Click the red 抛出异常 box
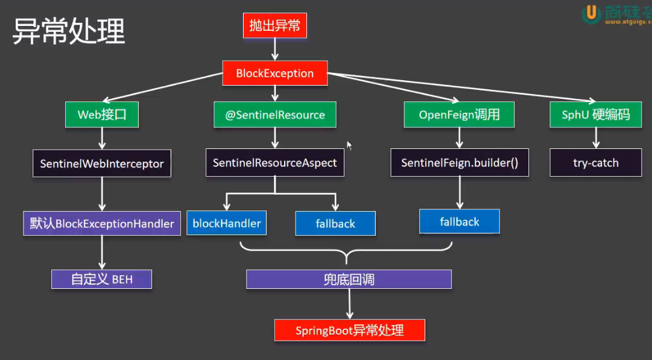pyautogui.click(x=274, y=25)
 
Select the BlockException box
pyautogui.click(x=275, y=74)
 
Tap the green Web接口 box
pyautogui.click(x=102, y=115)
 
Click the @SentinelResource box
pyautogui.click(x=274, y=115)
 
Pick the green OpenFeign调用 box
pyautogui.click(x=459, y=115)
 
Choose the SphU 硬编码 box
pyautogui.click(x=595, y=115)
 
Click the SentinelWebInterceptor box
pyautogui.click(x=102, y=163)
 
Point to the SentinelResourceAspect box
pyautogui.click(x=275, y=163)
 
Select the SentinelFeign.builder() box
pyautogui.click(x=460, y=163)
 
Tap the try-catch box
pyautogui.click(x=595, y=163)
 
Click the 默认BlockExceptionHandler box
pyautogui.click(x=102, y=224)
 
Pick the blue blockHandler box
pyautogui.click(x=227, y=223)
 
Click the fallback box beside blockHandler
pyautogui.click(x=335, y=224)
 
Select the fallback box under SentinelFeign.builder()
pyautogui.click(x=460, y=222)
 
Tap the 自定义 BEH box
pyautogui.click(x=101, y=279)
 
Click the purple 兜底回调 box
pyautogui.click(x=349, y=280)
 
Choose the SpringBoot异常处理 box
pyautogui.click(x=350, y=330)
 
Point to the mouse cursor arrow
pyautogui.click(x=349, y=145)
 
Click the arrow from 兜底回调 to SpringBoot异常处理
pyautogui.click(x=349, y=304)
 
